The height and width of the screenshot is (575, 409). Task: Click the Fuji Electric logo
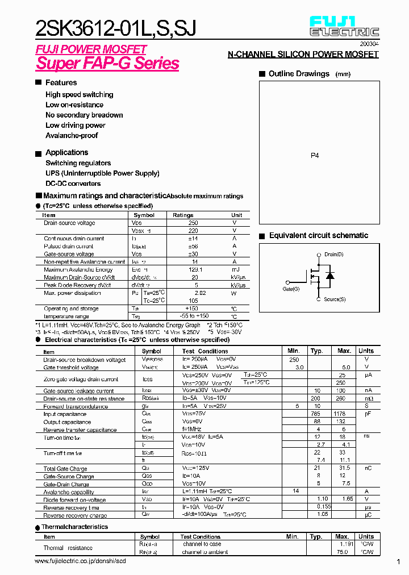click(x=344, y=26)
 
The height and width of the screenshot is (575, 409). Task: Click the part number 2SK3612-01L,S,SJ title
click(x=116, y=28)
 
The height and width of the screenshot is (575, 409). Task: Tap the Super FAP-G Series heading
click(x=107, y=64)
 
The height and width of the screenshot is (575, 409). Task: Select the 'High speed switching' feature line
click(x=79, y=95)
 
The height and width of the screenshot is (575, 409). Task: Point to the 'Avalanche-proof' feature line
click(x=72, y=136)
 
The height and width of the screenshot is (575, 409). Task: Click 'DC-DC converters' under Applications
click(x=73, y=184)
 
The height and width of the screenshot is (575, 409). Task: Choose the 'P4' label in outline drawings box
click(x=315, y=155)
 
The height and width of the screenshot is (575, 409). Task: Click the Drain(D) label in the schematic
click(x=333, y=254)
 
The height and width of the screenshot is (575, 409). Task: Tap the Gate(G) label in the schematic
click(x=291, y=289)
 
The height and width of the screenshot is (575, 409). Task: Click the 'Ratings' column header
click(x=183, y=215)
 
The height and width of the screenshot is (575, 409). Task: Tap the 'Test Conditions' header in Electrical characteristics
click(x=205, y=351)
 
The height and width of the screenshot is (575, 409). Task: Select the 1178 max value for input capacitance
click(x=340, y=414)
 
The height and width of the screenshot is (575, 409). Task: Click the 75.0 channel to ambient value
click(x=341, y=552)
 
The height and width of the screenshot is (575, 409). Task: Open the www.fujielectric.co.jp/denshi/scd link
click(x=80, y=561)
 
